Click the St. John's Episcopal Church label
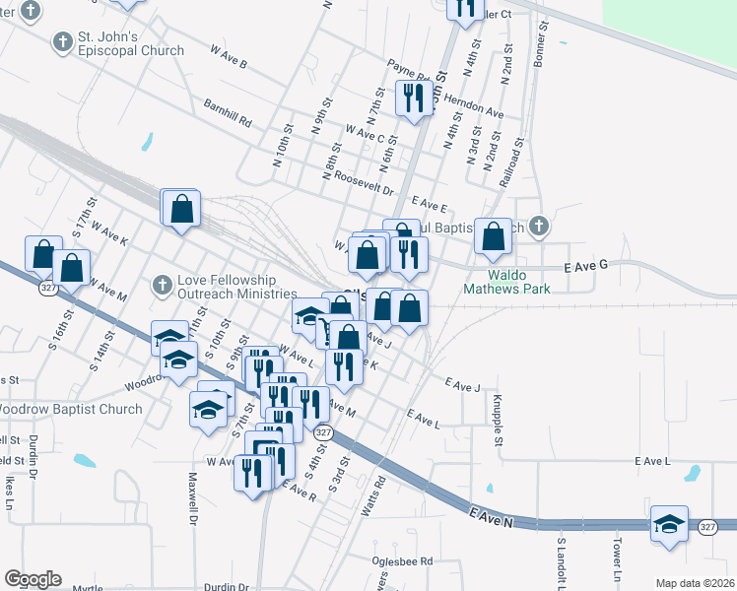[x=135, y=43]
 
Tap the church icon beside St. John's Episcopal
[x=64, y=42]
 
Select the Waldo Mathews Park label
[x=507, y=283]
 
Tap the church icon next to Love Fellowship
[x=163, y=286]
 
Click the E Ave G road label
[x=586, y=267]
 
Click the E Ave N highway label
[x=492, y=516]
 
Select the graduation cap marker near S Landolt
[x=669, y=524]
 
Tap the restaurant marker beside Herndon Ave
[x=412, y=98]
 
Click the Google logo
[x=33, y=579]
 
